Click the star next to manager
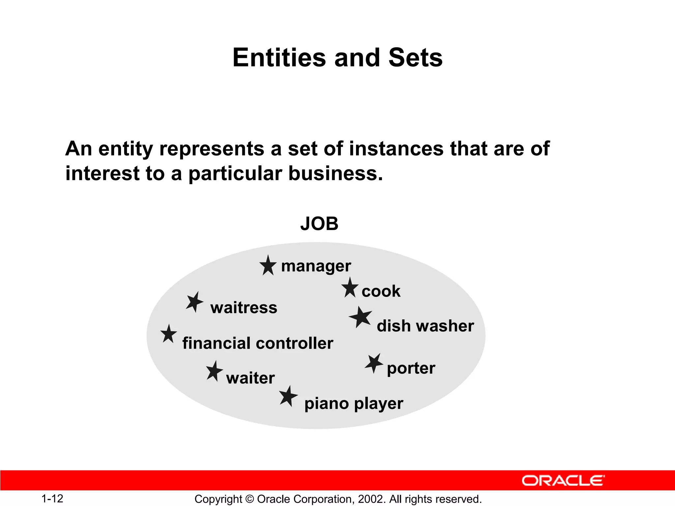tap(268, 266)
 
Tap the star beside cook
tap(350, 288)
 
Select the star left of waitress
tap(194, 302)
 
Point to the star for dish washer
tap(361, 317)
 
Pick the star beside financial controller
tap(169, 334)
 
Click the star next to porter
tap(374, 363)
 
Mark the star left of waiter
tap(214, 371)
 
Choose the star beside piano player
tap(288, 397)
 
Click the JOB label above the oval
tap(319, 224)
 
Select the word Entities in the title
tap(279, 58)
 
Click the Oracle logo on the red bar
tap(563, 481)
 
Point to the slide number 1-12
tap(52, 498)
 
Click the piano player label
tap(354, 404)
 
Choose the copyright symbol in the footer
tap(249, 499)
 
